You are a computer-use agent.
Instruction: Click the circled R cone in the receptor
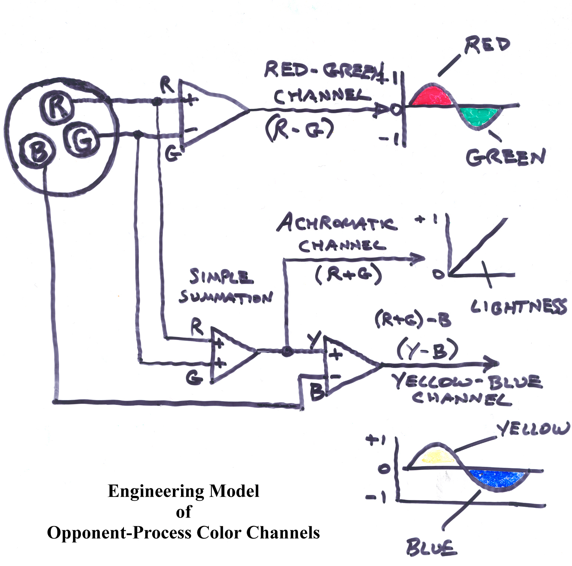57,105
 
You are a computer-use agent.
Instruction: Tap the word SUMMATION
226,297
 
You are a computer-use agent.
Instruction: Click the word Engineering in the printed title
156,491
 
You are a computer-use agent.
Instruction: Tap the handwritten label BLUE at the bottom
430,548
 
